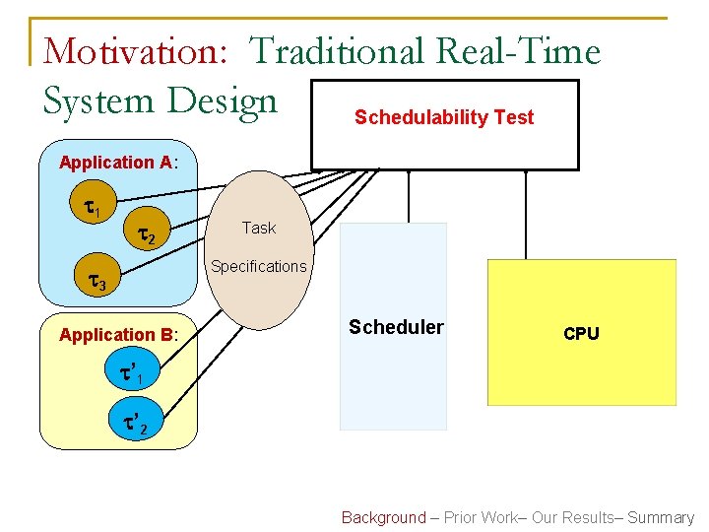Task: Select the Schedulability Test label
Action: point(444,118)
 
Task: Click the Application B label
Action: point(117,335)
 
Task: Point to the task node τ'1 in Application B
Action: point(131,374)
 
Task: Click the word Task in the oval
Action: point(259,229)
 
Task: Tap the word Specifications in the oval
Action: point(259,267)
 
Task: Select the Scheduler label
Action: point(396,327)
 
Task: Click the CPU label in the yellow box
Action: point(581,334)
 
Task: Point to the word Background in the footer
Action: point(383,517)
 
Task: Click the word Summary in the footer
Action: point(661,517)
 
